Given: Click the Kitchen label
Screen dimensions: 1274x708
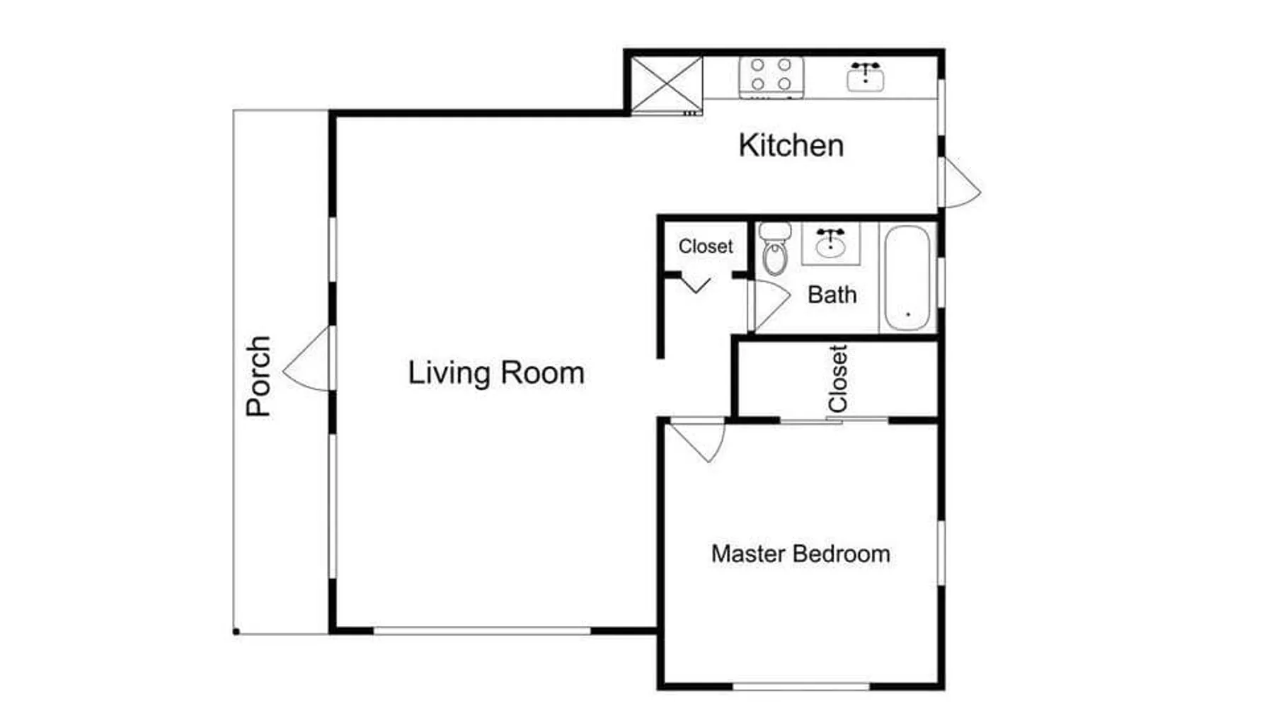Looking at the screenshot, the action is [791, 145].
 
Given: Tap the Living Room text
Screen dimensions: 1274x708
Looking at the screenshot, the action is [496, 373].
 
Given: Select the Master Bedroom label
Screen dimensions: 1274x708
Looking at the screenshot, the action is [800, 554].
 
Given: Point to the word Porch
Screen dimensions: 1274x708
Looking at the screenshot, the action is [258, 376].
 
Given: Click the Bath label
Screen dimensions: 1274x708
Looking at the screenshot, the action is [832, 295].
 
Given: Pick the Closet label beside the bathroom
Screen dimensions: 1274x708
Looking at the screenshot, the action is [706, 246].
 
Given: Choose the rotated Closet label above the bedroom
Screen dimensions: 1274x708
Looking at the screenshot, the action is [838, 379].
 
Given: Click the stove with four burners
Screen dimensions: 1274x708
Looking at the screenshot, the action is [771, 77].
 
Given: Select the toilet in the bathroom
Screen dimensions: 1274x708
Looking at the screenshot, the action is [775, 249].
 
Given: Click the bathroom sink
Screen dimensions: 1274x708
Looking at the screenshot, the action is [830, 243].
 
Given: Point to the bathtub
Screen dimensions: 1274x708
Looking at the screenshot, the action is [907, 278].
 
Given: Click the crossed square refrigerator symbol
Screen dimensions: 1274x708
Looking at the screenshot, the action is [667, 85].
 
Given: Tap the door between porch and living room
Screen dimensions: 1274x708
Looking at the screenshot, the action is [307, 358].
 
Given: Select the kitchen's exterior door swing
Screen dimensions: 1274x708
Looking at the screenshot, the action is [960, 183].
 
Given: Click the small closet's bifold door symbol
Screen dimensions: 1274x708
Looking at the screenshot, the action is [696, 285].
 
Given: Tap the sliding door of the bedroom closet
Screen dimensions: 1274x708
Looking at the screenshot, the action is [834, 421].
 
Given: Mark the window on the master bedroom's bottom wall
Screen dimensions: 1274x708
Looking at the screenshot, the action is [800, 686].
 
